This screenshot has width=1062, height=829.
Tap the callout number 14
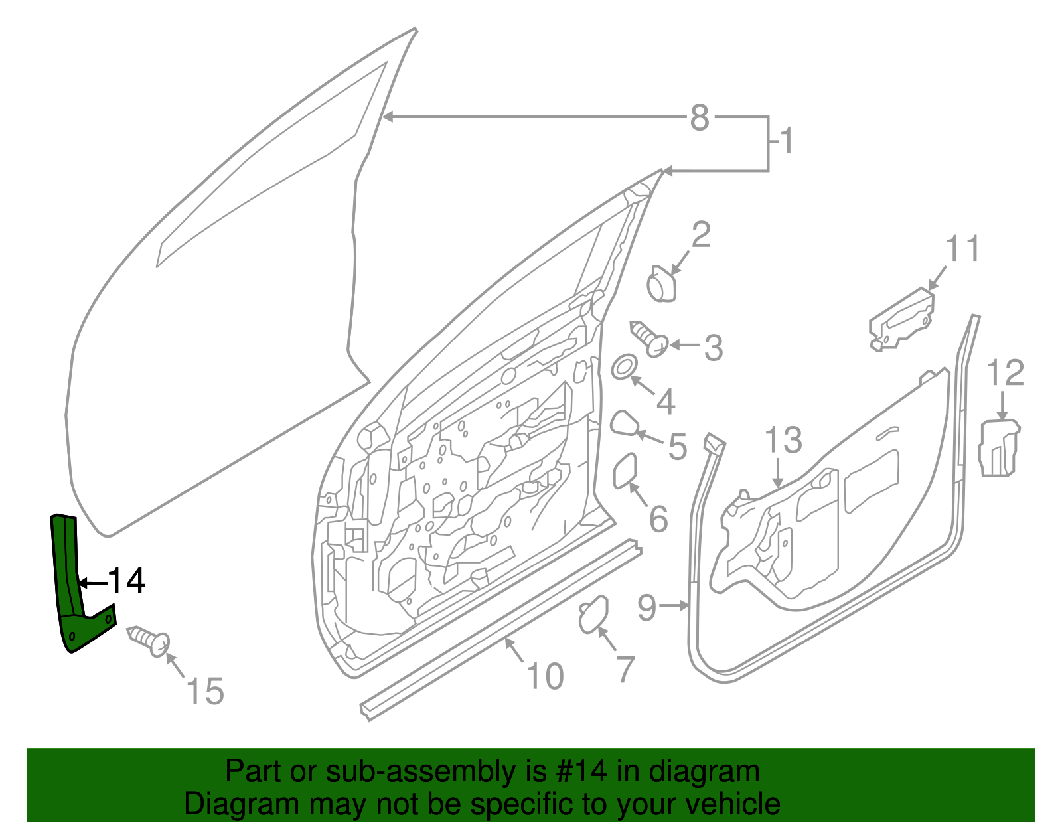click(126, 581)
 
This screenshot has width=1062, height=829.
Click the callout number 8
click(700, 118)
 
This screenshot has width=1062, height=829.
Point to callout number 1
click(787, 141)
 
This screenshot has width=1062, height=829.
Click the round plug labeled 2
click(661, 286)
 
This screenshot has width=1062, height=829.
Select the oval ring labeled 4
click(623, 367)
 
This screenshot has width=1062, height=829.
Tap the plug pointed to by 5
click(624, 423)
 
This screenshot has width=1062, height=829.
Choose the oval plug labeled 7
click(593, 614)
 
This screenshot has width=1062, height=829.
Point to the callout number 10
click(545, 676)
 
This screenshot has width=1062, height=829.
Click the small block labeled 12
click(999, 446)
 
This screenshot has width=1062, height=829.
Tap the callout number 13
click(783, 440)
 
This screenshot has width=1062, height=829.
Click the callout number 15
click(205, 692)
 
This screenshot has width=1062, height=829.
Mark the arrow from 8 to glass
click(531, 117)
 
